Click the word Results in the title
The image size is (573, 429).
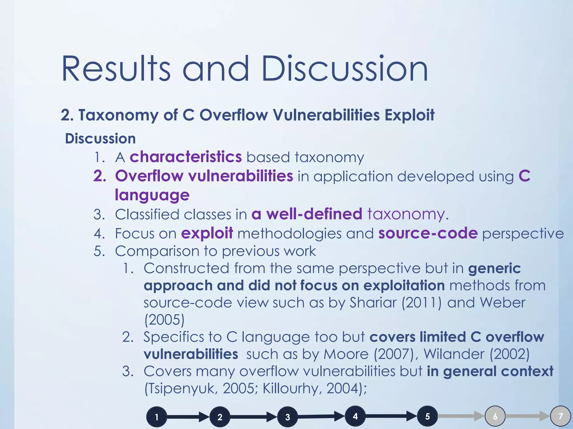[116, 69]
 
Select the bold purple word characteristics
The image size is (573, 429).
[185, 157]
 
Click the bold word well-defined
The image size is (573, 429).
[314, 214]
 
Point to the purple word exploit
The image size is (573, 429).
[207, 233]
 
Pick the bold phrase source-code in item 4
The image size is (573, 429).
[428, 233]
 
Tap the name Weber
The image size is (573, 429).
[502, 303]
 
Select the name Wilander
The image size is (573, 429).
[454, 354]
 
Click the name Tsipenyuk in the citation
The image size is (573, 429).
[181, 389]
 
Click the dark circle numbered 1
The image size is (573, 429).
[157, 417]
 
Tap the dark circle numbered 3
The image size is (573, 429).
[288, 417]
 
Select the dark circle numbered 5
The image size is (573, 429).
[427, 416]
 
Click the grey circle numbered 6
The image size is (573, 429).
[495, 416]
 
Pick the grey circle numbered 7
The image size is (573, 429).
[560, 416]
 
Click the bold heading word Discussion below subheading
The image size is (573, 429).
[100, 139]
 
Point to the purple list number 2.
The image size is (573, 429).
[100, 176]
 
